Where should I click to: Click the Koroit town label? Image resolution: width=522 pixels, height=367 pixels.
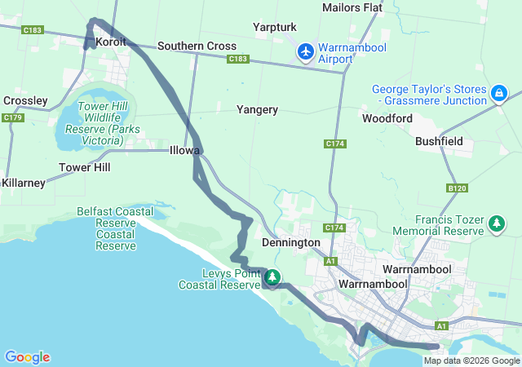pos(111,42)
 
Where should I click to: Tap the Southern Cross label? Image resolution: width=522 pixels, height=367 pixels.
pos(197,46)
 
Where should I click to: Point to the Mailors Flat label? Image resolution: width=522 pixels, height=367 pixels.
pos(352,7)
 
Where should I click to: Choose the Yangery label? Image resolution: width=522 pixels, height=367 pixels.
pos(257,109)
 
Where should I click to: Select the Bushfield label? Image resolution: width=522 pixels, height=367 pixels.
pos(439,141)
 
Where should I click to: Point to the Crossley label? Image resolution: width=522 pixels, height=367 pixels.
pos(25,100)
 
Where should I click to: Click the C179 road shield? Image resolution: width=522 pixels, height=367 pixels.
pos(12,118)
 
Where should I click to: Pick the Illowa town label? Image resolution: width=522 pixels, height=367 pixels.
pos(184,151)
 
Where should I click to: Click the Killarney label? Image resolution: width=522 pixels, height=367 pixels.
pos(23,183)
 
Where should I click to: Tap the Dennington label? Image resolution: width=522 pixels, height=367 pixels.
pos(290,243)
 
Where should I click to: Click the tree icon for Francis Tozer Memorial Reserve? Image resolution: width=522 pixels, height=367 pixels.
pos(496,223)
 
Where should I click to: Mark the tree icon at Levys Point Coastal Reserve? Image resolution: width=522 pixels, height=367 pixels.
pos(272,278)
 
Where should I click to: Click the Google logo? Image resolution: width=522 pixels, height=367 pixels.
pos(27,357)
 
